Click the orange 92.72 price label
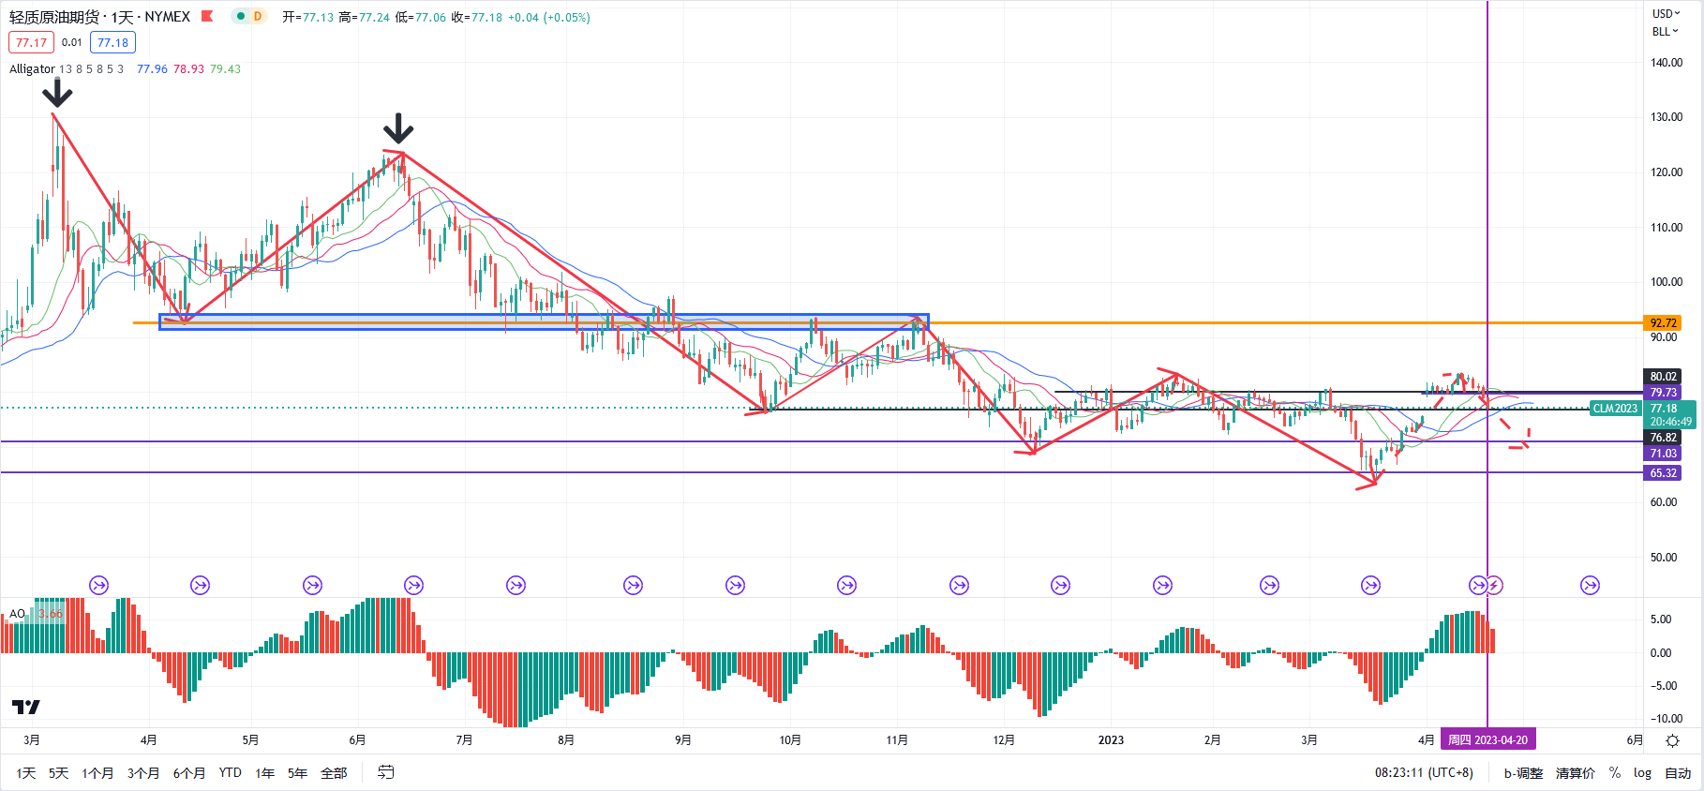1663,323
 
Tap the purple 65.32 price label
1663,473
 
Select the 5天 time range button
58,773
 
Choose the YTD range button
230,773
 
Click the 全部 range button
334,773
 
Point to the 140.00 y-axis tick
1667,63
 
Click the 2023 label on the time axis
1111,740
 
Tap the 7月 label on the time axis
464,740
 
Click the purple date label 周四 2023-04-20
1487,740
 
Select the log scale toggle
1642,773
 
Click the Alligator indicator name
32,69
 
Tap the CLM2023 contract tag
1615,409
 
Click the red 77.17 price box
31,42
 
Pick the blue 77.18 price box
112,42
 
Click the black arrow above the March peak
58,93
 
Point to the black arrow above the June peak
399,128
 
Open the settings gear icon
1672,740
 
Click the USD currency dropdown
1666,13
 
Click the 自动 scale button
1678,773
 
